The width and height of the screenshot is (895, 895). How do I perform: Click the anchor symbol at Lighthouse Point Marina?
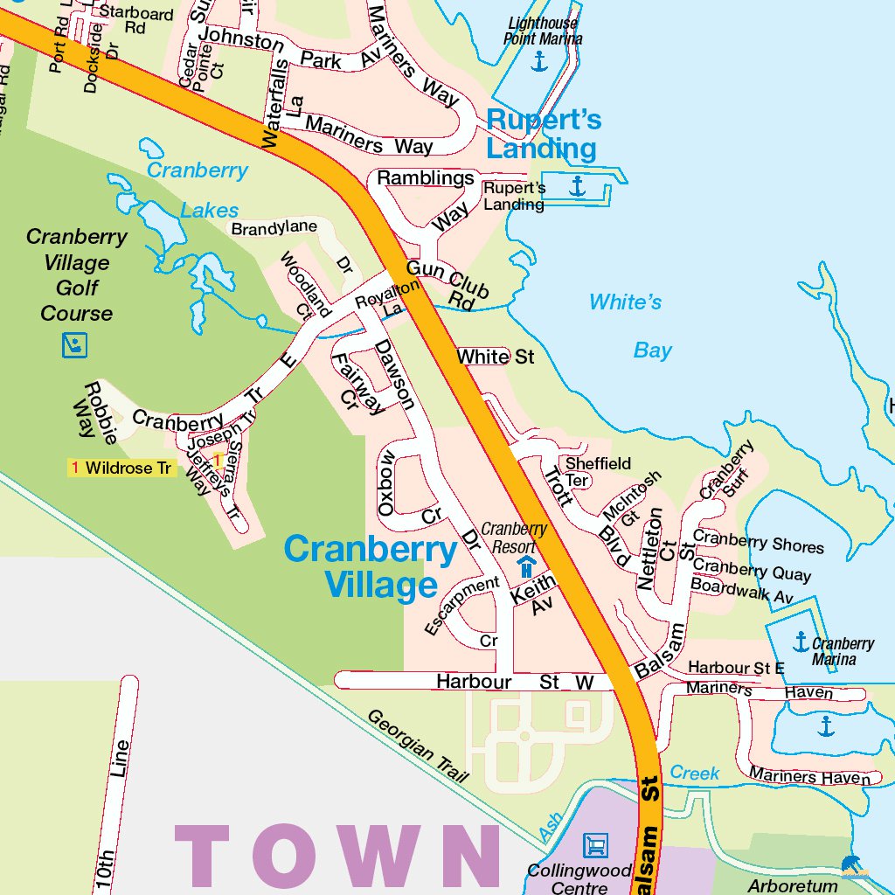click(x=539, y=61)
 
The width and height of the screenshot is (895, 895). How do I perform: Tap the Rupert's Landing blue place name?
click(x=542, y=134)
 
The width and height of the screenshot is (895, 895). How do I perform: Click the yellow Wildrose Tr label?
click(x=122, y=468)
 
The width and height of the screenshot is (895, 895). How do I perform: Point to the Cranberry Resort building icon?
click(x=526, y=566)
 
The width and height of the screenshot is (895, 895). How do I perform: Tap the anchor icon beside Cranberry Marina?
click(x=801, y=642)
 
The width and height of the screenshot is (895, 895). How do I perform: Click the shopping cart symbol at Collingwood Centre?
click(x=595, y=844)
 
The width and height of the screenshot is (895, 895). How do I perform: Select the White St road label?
click(x=495, y=357)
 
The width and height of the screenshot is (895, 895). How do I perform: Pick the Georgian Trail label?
click(x=418, y=745)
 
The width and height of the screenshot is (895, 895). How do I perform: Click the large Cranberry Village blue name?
click(x=371, y=567)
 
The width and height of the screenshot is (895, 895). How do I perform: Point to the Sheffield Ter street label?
click(x=594, y=472)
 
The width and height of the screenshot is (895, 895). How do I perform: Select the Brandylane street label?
click(x=274, y=227)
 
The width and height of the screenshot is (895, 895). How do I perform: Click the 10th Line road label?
click(x=113, y=813)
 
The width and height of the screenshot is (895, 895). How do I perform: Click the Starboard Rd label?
click(x=135, y=20)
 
